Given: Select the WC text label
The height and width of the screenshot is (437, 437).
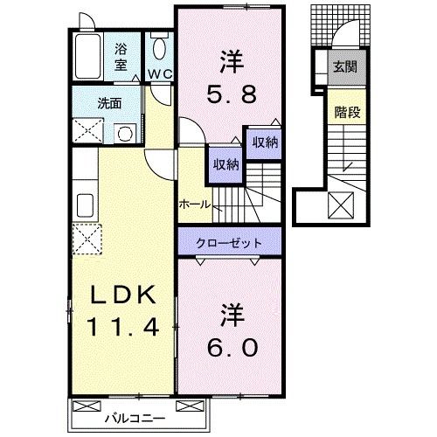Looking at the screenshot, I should point(158,74).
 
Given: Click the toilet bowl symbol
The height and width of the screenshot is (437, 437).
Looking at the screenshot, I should point(158,48).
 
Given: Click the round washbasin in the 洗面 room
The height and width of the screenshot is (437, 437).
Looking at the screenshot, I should point(124,134).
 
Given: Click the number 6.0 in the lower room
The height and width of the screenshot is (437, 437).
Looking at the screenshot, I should point(232,347).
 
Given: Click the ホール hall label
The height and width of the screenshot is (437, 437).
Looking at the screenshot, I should point(194,203).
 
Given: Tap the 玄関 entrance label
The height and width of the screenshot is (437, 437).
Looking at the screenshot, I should point(342,67).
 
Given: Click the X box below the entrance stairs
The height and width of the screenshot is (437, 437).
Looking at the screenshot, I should point(340,207).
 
